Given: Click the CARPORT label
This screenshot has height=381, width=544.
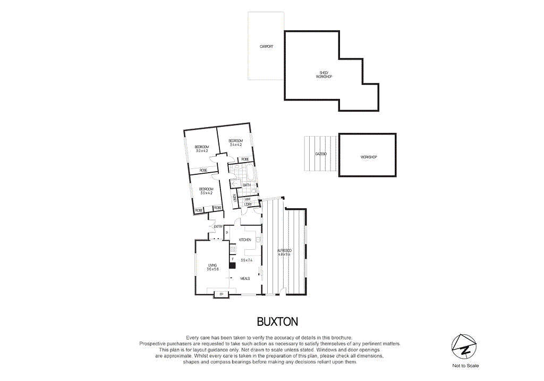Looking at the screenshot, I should point(266,47).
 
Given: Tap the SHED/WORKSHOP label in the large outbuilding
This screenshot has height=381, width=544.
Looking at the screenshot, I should point(324,75).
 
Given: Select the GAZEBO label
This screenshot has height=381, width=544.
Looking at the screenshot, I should point(320,154).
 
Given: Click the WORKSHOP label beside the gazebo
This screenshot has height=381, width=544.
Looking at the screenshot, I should point(368,157).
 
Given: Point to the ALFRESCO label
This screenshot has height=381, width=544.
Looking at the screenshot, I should point(285,250).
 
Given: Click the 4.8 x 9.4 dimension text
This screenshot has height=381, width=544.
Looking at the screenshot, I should point(285,255).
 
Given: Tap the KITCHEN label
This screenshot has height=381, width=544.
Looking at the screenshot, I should point(245,240).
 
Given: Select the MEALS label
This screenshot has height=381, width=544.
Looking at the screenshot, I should point(245,278).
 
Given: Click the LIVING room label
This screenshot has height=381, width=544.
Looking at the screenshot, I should point(212,265).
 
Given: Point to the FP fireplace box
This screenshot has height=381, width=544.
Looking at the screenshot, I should point(221,294).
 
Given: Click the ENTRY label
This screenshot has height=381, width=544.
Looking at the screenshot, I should point(218,227).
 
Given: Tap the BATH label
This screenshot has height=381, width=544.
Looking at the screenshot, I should point(246,185).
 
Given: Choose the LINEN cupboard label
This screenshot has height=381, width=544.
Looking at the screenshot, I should point(234,198).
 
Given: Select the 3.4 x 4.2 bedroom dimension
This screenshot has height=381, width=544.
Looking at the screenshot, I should point(236,145).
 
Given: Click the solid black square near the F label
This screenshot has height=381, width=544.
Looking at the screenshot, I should point(232,265).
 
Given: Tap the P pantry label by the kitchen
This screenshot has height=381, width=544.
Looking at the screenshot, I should point(227,233).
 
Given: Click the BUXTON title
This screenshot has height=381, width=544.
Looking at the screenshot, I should point(277,321).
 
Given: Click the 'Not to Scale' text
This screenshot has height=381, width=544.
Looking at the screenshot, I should point(465,366).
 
